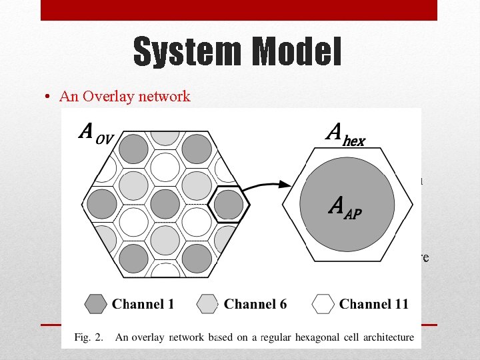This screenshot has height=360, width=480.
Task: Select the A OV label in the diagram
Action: [96, 133]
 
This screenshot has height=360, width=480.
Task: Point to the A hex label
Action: [345, 136]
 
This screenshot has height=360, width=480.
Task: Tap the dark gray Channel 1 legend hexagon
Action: [96, 305]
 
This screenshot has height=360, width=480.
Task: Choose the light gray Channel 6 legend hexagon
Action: [209, 305]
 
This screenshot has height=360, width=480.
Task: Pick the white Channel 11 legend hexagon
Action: [323, 305]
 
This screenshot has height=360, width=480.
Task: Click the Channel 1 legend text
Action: [143, 305]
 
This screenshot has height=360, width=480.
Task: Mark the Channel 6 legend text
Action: [255, 305]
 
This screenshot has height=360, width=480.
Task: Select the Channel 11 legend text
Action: [373, 305]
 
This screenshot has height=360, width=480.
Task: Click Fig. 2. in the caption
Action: [88, 337]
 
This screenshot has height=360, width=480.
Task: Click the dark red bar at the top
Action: [239, 10]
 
